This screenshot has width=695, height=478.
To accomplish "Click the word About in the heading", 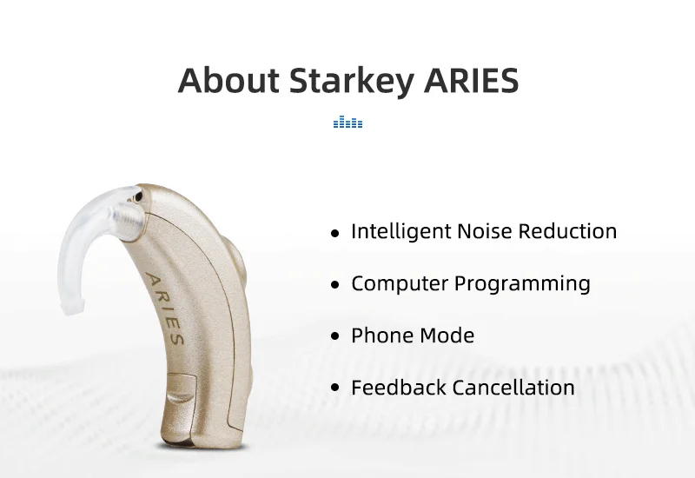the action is click(x=228, y=80).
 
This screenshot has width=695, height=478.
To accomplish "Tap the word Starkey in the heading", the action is click(x=352, y=82).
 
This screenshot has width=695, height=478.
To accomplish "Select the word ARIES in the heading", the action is click(x=471, y=80).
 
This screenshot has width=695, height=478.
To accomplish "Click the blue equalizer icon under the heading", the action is click(x=348, y=122).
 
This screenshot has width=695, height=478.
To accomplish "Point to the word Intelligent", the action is click(x=400, y=231).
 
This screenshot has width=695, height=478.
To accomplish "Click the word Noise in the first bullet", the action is click(x=484, y=231).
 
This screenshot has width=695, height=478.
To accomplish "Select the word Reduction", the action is click(x=567, y=231).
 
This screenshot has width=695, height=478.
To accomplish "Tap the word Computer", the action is click(x=400, y=284).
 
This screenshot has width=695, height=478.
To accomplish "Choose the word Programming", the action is click(x=522, y=284).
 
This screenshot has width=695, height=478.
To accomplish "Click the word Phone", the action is click(x=381, y=335).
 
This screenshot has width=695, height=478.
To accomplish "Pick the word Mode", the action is click(x=447, y=335).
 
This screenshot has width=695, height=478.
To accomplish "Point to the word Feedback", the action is click(x=399, y=387).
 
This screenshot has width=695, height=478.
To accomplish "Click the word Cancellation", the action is click(x=513, y=387).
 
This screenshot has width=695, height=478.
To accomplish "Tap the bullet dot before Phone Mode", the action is click(x=335, y=336).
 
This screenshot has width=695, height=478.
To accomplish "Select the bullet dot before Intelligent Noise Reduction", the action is click(x=335, y=233).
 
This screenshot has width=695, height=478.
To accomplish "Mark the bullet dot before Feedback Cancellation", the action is click(x=335, y=388).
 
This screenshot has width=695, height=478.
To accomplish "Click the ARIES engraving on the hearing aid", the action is click(x=164, y=309).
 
